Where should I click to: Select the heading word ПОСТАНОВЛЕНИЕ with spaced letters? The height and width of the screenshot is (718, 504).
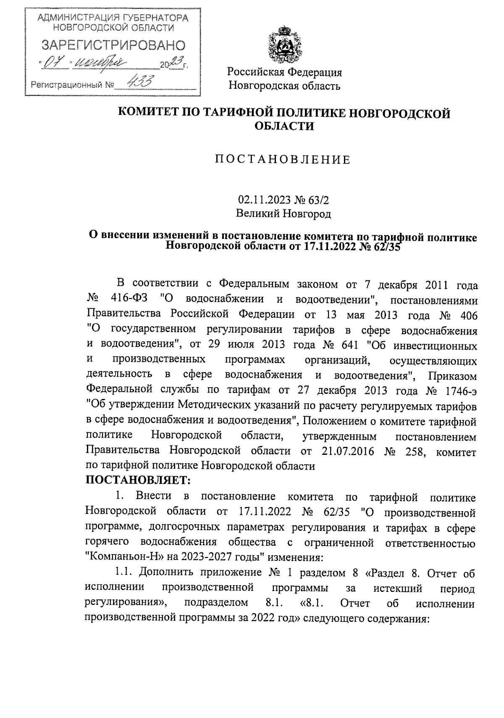click(283, 160)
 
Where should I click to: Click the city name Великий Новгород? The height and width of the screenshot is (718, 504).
click(283, 214)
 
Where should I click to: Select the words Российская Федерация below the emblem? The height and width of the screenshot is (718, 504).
click(285, 72)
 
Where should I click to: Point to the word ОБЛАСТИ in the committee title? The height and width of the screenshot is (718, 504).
click(285, 126)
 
